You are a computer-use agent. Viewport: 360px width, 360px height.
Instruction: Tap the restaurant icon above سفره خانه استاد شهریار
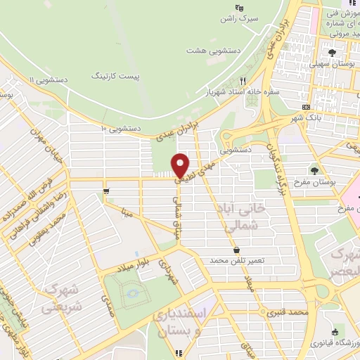click(243, 81)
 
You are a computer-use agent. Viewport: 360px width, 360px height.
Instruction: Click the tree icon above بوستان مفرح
click(314, 170)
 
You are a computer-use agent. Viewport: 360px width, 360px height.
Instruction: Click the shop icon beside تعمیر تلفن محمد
click(236, 250)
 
